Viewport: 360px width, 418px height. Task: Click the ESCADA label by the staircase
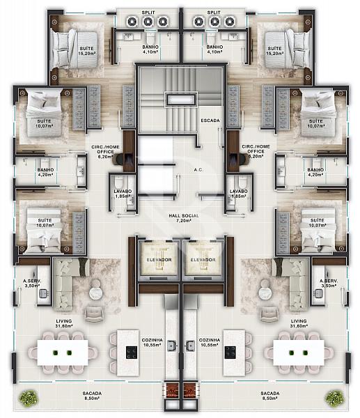(210, 121)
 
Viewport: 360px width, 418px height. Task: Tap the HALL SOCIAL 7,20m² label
(184, 218)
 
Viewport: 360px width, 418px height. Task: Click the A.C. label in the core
(198, 169)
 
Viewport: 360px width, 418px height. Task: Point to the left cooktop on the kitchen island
(132, 353)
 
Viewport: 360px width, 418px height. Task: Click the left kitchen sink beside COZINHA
(172, 346)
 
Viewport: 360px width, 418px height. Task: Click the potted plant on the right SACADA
(334, 398)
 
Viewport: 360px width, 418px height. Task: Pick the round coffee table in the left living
(95, 293)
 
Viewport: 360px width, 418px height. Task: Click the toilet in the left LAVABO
(118, 182)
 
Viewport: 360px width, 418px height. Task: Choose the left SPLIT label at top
(148, 13)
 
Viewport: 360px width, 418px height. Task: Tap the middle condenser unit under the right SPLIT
(214, 22)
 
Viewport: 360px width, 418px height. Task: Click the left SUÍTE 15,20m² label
(87, 51)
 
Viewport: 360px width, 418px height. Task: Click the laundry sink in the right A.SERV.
(319, 293)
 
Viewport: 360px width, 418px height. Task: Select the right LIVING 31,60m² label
(299, 323)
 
